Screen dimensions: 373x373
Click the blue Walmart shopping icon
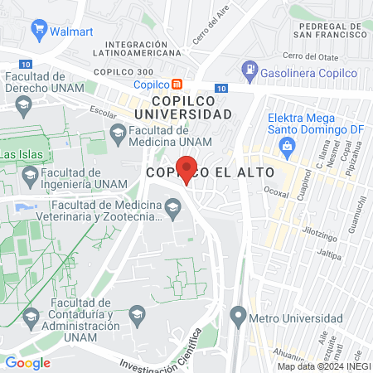(x=38, y=32)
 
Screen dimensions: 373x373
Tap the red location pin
(x=186, y=169)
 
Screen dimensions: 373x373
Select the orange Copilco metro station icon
(x=177, y=85)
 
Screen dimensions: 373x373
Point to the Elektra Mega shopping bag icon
(x=287, y=147)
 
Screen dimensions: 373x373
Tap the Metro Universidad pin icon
(x=239, y=314)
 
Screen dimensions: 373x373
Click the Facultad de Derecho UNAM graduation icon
(x=24, y=104)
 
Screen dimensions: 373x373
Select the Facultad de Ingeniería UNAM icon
(x=31, y=173)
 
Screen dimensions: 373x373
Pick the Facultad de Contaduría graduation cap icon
(x=31, y=315)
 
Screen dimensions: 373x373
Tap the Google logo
(x=27, y=362)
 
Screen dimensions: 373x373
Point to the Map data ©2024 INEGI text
(x=323, y=366)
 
